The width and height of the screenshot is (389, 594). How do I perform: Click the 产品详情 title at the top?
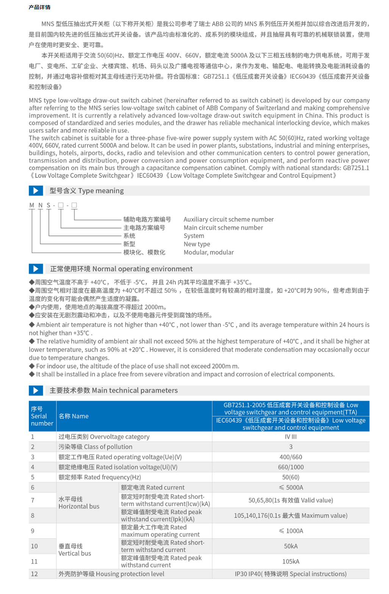pyautogui.click(x=39, y=7)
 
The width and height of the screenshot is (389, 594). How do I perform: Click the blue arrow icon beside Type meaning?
pyautogui.click(x=36, y=191)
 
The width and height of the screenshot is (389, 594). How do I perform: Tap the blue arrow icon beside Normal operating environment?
pyautogui.click(x=36, y=269)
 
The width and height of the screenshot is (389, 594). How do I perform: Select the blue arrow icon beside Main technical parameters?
pyautogui.click(x=36, y=390)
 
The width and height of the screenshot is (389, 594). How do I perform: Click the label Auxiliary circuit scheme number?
pyautogui.click(x=228, y=219)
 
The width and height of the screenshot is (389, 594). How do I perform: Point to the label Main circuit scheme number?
pyautogui.click(x=223, y=228)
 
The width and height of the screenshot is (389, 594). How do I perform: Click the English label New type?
pyautogui.click(x=197, y=244)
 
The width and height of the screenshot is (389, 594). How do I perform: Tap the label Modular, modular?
pyautogui.click(x=209, y=252)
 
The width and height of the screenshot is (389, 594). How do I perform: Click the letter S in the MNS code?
pyautogui.click(x=48, y=205)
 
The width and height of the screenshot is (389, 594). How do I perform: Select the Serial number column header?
pyautogui.click(x=42, y=416)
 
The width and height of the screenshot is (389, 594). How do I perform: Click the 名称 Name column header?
pyautogui.click(x=73, y=416)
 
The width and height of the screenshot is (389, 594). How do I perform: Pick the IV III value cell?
pyautogui.click(x=291, y=437)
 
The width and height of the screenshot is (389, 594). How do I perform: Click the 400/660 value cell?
pyautogui.click(x=291, y=457)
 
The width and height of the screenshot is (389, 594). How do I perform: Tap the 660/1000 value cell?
pyautogui.click(x=291, y=467)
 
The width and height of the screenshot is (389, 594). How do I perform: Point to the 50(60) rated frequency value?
pyautogui.click(x=291, y=477)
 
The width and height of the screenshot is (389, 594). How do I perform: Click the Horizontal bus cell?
pyautogui.click(x=79, y=503)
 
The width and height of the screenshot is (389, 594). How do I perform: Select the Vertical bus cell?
pyautogui.click(x=75, y=550)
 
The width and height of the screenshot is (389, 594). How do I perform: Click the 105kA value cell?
pyautogui.click(x=291, y=561)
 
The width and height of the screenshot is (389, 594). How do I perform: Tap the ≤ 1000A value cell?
pyautogui.click(x=291, y=531)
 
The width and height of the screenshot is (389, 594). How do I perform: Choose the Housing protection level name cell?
pyautogui.click(x=111, y=574)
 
